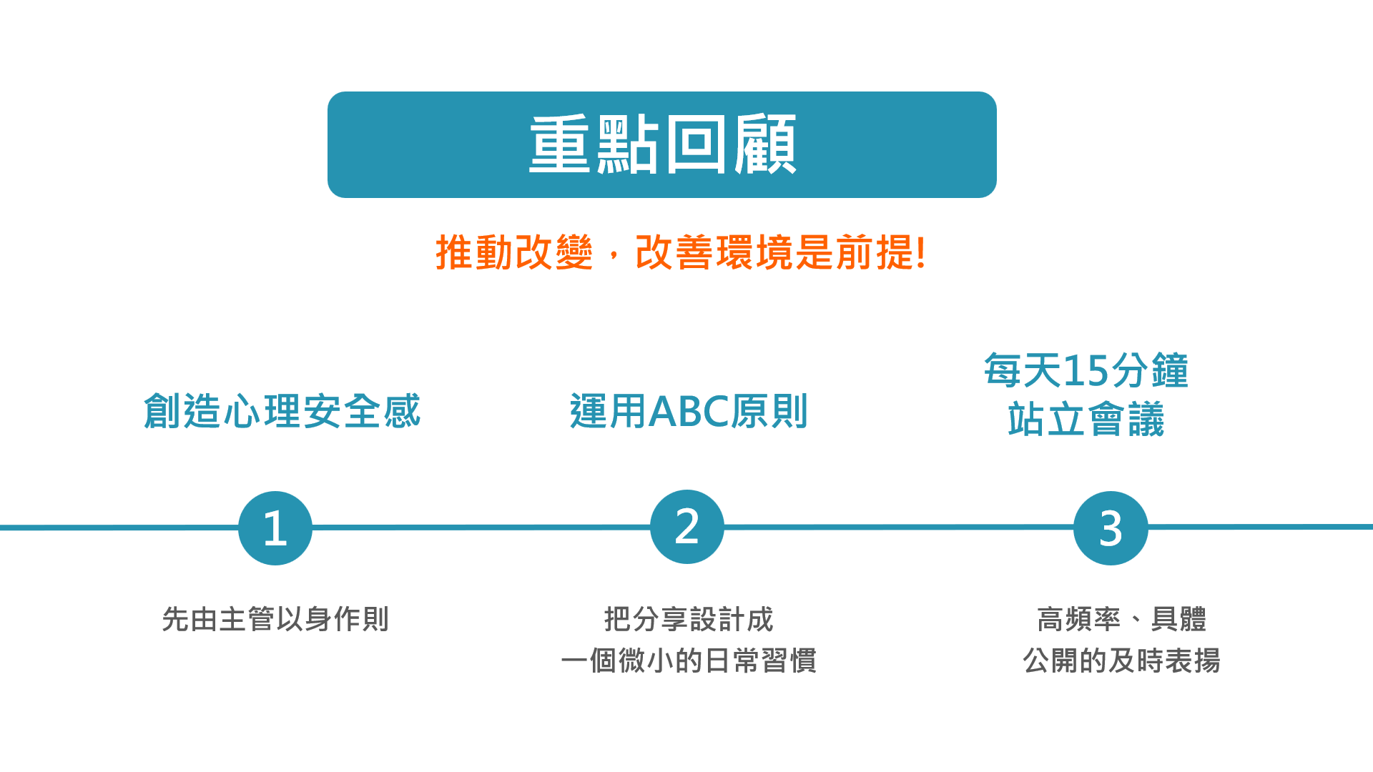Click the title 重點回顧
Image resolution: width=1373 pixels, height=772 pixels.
click(662, 144)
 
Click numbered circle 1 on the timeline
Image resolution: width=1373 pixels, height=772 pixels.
click(275, 528)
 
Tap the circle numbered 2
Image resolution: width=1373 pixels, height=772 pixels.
click(687, 527)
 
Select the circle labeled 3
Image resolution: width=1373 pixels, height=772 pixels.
click(1111, 528)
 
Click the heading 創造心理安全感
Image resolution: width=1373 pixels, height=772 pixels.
click(282, 411)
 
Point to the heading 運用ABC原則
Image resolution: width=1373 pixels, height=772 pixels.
click(689, 411)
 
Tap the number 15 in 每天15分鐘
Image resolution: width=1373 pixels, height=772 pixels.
click(1086, 371)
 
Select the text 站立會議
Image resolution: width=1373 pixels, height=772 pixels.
click(1086, 420)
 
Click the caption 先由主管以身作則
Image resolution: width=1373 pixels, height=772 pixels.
click(275, 619)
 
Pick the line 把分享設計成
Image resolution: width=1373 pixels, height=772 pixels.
click(689, 619)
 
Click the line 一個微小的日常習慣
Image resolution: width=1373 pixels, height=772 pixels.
click(689, 660)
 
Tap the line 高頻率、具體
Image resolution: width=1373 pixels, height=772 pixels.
click(1121, 619)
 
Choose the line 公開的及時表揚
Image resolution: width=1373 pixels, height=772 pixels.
click(1121, 660)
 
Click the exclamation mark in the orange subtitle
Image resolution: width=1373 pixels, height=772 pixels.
click(921, 252)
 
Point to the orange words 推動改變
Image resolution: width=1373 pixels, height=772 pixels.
click(514, 252)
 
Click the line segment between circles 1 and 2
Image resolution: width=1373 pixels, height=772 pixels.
click(481, 528)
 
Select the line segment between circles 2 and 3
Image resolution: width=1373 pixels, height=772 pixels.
click(899, 527)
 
